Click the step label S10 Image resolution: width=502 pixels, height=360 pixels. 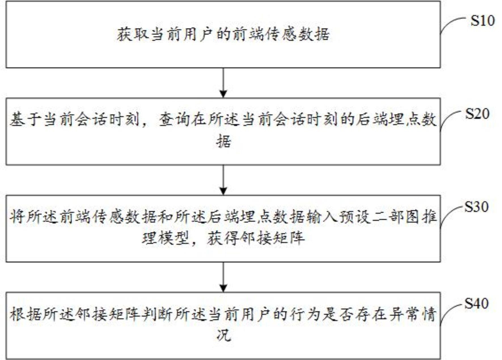coord(482,21)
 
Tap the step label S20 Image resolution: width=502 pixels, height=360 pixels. coord(477,114)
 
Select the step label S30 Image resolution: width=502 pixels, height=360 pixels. coord(476,207)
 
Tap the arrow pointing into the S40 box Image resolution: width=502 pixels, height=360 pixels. coord(223,277)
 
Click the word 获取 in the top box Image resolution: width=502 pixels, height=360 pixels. coord(133,35)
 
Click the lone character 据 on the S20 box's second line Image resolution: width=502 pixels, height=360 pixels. coord(223,141)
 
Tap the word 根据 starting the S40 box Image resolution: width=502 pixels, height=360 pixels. coord(26,314)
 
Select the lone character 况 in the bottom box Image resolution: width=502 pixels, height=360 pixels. coord(223,336)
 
